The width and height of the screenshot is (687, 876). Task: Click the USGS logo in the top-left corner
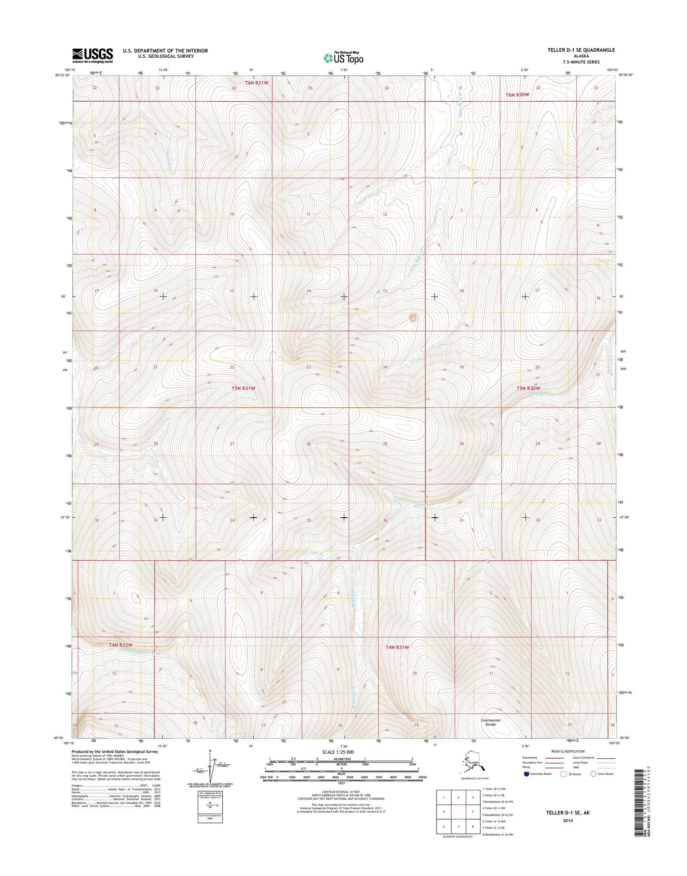click(x=92, y=55)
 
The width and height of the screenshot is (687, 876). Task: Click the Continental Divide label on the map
click(x=491, y=723)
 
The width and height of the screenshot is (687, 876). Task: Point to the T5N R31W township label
click(x=243, y=388)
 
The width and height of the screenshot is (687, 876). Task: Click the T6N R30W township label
click(x=517, y=95)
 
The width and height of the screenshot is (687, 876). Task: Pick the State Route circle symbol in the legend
click(x=594, y=774)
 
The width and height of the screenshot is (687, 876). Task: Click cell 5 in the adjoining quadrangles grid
click(x=473, y=811)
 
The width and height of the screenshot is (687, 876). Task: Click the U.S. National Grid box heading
click(x=209, y=793)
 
